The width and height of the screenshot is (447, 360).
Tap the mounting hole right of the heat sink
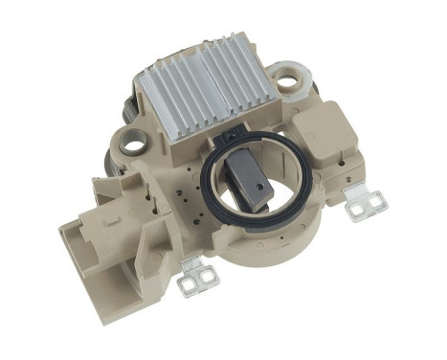pos(286,81)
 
